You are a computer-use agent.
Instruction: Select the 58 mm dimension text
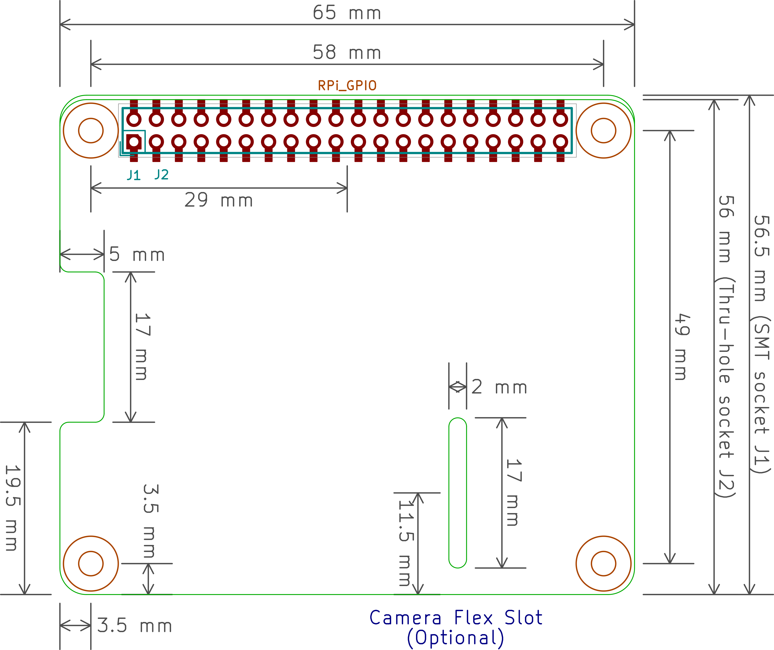click(346, 53)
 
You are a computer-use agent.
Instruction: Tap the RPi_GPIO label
click(347, 85)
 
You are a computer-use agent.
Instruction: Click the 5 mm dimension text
click(137, 255)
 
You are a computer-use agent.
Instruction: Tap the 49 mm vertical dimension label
click(682, 346)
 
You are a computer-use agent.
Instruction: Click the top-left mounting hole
click(91, 130)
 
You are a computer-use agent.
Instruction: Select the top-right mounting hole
click(603, 130)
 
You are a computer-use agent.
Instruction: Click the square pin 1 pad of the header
click(134, 142)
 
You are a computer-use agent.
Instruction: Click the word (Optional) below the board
click(456, 638)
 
